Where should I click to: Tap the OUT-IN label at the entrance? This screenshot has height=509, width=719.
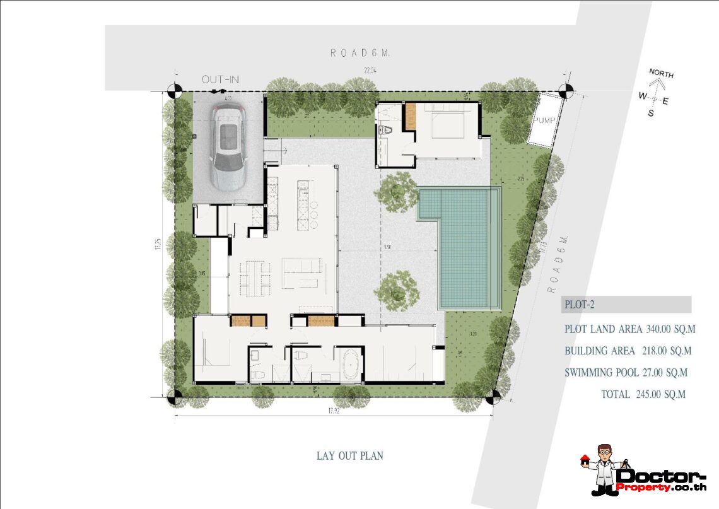(x=220, y=80)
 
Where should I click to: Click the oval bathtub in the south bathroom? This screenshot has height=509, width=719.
(x=348, y=365)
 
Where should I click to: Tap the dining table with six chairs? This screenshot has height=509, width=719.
(x=254, y=278)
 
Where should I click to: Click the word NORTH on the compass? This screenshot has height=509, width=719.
(x=661, y=74)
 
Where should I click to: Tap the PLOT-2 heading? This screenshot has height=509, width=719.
(x=578, y=305)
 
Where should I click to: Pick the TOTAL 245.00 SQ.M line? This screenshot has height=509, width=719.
(x=643, y=394)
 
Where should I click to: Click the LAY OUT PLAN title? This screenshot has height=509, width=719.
(x=349, y=455)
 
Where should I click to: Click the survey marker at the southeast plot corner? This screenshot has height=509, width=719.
(x=494, y=397)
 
